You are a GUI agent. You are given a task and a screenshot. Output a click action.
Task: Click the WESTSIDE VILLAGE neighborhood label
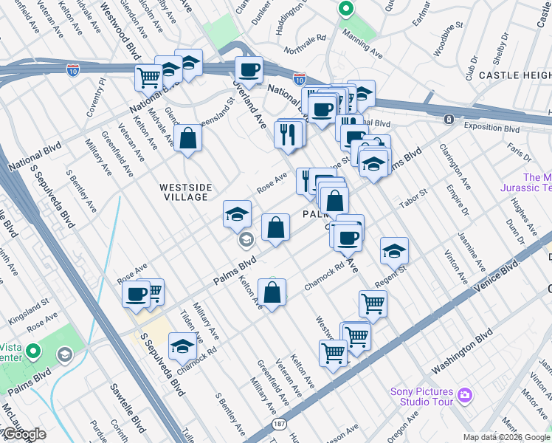tap(184, 193)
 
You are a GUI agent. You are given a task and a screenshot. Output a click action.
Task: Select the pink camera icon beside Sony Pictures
tap(464, 396)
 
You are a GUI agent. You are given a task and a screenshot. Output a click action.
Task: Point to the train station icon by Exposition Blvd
tap(448, 119)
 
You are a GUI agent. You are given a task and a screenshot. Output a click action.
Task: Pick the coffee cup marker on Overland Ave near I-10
tap(248, 70)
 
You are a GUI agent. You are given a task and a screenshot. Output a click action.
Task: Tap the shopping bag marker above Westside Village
tap(188, 137)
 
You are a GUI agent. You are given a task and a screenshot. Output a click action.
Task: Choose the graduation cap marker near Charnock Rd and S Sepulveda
tap(182, 346)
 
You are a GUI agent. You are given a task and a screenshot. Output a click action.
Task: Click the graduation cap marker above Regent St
tap(394, 251)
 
